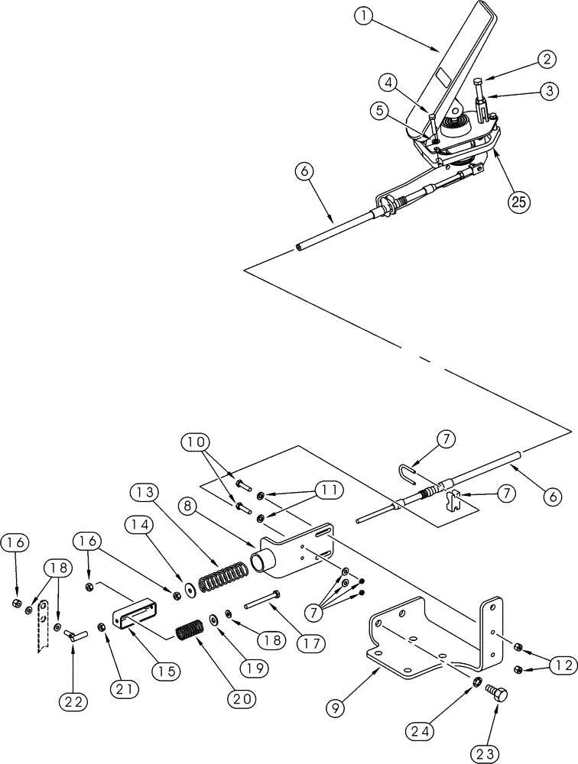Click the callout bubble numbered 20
pos(240,677)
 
